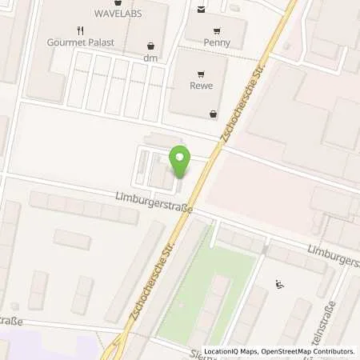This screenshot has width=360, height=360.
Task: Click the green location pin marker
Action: coord(180,162)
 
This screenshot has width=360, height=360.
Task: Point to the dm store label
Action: coord(150,58)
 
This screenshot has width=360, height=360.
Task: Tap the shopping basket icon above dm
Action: coord(150,46)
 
